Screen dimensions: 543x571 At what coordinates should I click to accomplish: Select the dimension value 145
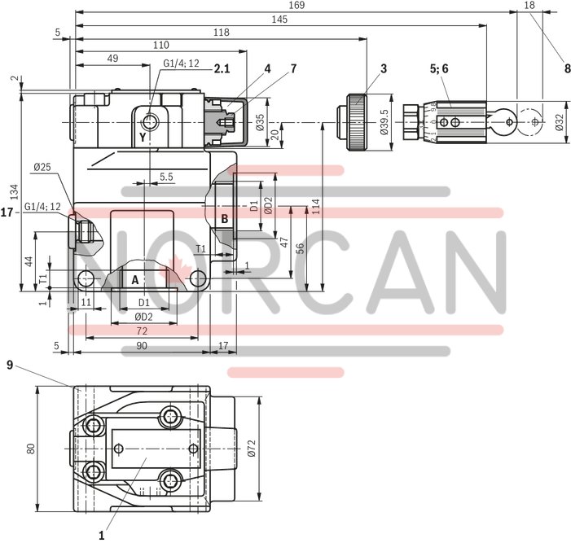(x=279, y=19)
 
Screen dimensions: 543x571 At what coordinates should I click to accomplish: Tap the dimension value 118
(x=222, y=32)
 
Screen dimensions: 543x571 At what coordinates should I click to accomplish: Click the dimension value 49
(x=112, y=58)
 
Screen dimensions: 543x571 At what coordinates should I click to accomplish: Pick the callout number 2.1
(x=222, y=69)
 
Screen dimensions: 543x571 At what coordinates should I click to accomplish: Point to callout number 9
(x=9, y=366)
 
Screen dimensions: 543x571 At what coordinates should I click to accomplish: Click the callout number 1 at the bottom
(x=102, y=536)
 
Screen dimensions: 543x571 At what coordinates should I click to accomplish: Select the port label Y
(x=142, y=138)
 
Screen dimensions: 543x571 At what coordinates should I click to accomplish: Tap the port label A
(x=134, y=279)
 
